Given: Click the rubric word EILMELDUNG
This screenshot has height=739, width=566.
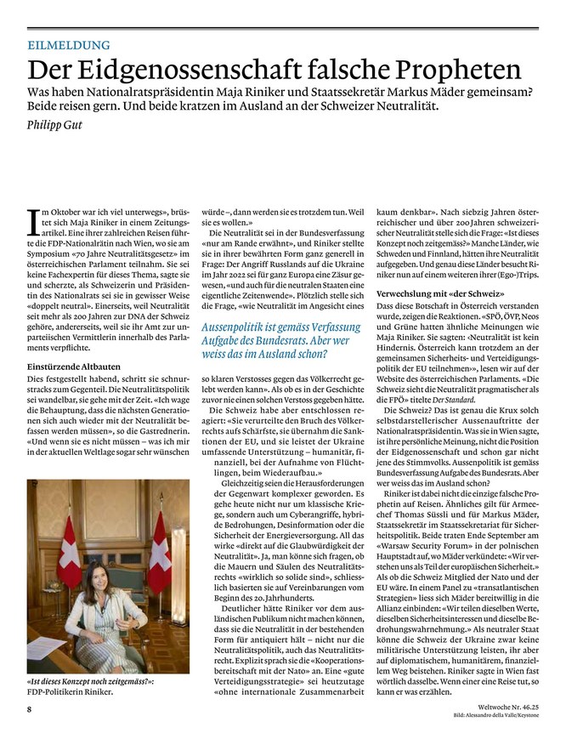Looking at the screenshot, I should coord(69,45).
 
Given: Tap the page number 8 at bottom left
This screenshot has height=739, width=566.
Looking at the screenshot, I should coord(29,709).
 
